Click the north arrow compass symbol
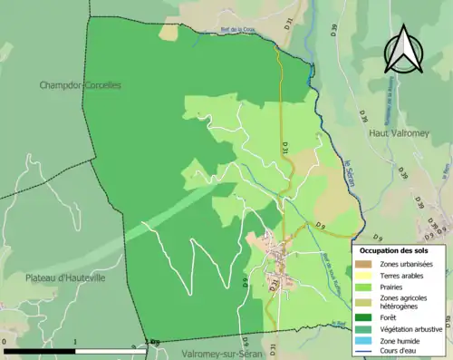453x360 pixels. [404, 49]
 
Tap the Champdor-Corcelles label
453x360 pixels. [80, 85]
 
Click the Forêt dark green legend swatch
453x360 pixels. [366, 317]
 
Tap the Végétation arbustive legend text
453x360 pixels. [413, 328]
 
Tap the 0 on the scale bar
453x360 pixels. [5, 342]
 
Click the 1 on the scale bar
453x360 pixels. [75, 342]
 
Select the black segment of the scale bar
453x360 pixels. [41, 350]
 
